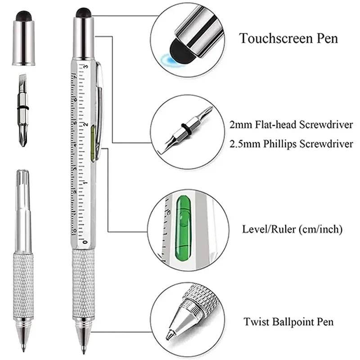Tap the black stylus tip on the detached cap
pos(23,17)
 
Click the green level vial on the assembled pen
pos(93,143)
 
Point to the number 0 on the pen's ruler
pos(85,242)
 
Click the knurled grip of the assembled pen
pos(83,283)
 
